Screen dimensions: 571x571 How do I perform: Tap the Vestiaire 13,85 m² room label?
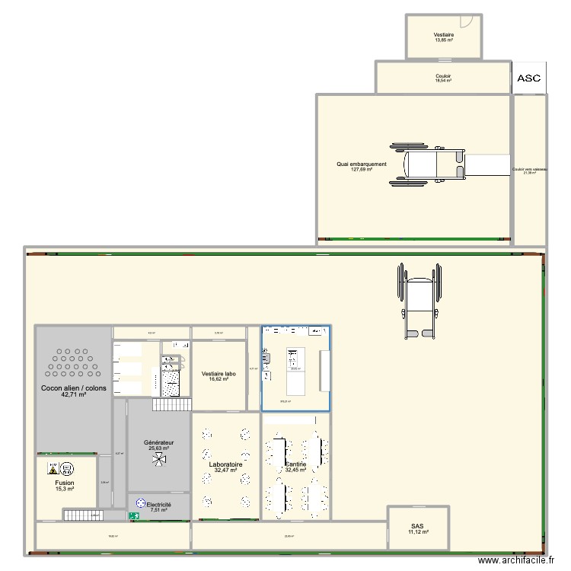click(x=444, y=37)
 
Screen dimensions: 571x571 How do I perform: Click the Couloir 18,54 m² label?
click(x=443, y=78)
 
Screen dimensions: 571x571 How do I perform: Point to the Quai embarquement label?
click(x=362, y=166)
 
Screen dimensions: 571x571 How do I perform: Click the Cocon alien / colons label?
click(x=74, y=391)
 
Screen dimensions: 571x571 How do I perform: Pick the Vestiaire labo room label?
click(x=219, y=376)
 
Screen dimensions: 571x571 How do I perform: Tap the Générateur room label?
click(x=159, y=445)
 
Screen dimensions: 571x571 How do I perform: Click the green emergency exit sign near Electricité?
click(x=134, y=516)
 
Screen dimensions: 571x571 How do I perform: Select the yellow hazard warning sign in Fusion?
click(x=53, y=467)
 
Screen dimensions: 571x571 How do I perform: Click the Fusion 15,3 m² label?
click(x=65, y=486)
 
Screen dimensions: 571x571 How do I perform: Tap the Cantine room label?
click(x=295, y=467)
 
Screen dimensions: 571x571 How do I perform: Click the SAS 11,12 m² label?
click(x=417, y=529)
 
